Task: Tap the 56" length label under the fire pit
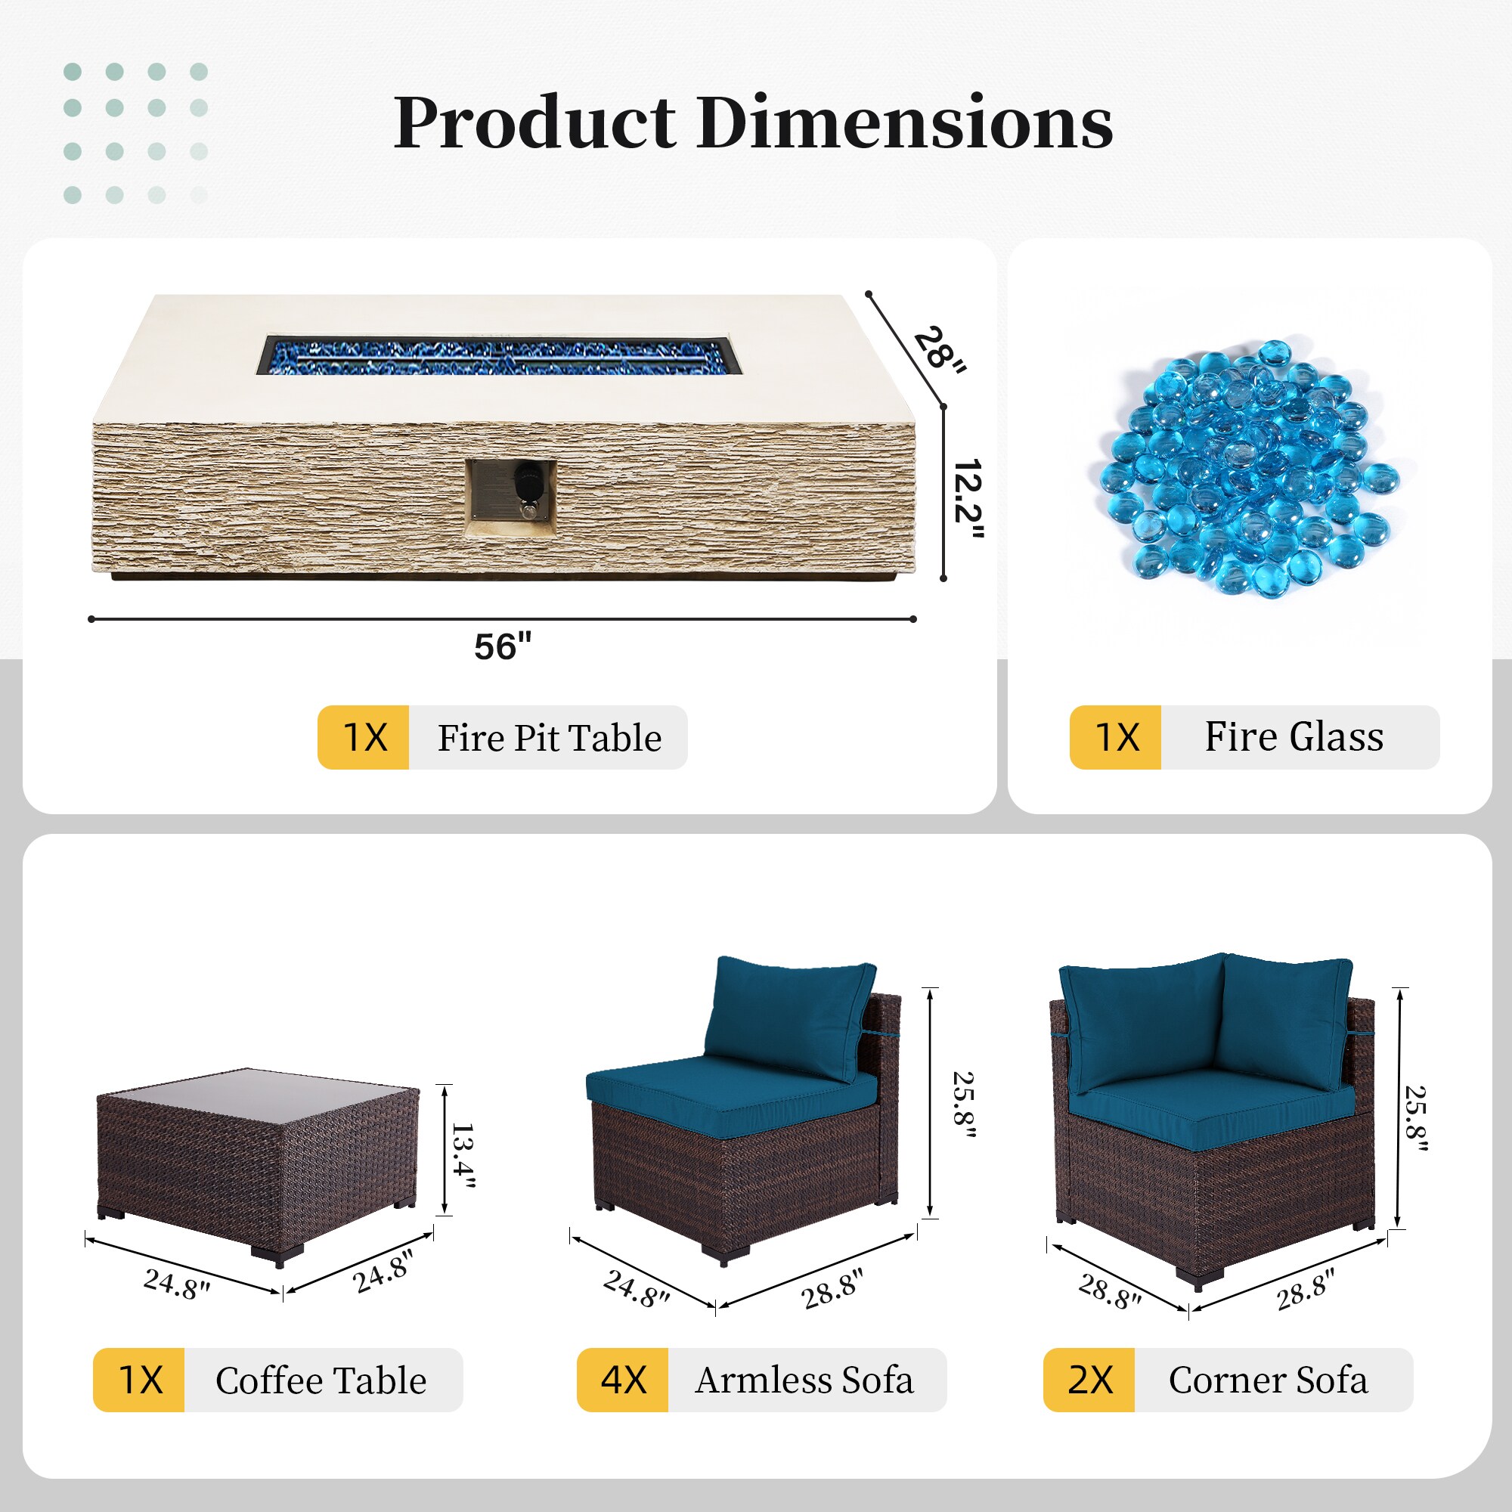tap(503, 647)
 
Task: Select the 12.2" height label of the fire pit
tap(968, 499)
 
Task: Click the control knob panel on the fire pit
tap(511, 498)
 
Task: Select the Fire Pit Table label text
tap(550, 738)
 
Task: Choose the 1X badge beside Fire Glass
tap(1115, 737)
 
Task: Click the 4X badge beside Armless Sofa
tap(622, 1380)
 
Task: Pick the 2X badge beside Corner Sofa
tap(1089, 1380)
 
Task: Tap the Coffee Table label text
tap(321, 1380)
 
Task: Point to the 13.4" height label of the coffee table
tap(463, 1154)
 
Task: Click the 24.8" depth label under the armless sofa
tap(637, 1288)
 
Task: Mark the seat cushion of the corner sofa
tap(1211, 1110)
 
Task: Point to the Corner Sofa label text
tap(1269, 1380)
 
